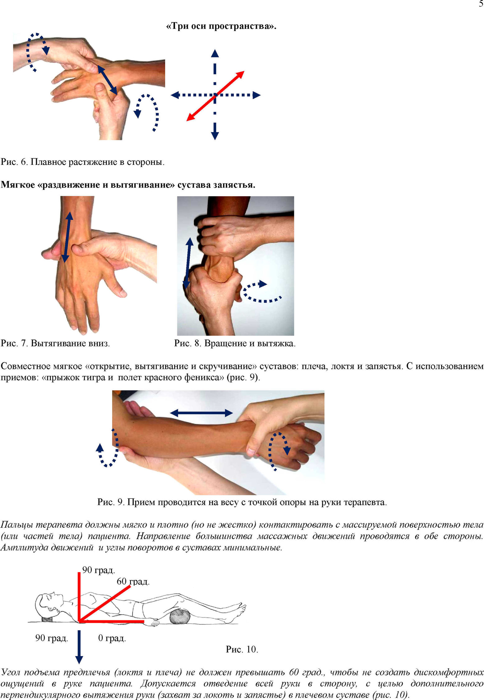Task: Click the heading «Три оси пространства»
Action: [221, 26]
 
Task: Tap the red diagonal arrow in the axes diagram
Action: [215, 96]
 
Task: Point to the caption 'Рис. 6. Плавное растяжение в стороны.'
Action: [82, 162]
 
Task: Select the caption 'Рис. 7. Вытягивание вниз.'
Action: [55, 343]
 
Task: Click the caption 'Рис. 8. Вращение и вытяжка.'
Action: [235, 343]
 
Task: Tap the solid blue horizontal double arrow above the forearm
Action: [201, 413]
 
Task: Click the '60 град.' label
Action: [133, 581]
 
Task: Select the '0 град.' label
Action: [112, 638]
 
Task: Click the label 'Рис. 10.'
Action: [242, 649]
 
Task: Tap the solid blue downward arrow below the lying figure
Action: [79, 647]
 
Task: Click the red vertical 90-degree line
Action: [79, 596]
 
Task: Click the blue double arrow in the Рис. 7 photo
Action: [67, 237]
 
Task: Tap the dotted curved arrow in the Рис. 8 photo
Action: [260, 292]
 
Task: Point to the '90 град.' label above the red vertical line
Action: [99, 570]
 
